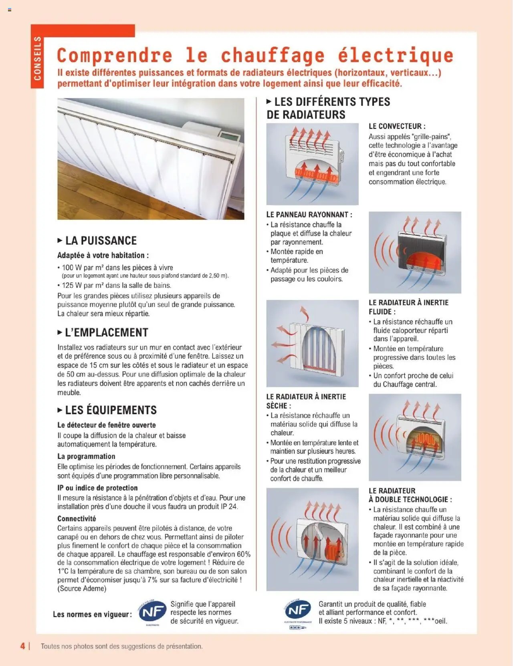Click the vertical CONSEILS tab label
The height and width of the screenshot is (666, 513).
37,58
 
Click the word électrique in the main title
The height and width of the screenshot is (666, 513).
395,56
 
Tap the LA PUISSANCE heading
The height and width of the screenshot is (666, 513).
101,241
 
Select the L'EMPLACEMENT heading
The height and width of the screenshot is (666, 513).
106,332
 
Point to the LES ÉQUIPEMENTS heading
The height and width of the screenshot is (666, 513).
111,410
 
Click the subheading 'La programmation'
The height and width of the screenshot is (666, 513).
86,456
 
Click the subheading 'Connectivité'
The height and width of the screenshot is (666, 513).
77,519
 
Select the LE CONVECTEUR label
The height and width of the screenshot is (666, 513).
397,126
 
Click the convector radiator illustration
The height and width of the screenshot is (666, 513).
312,164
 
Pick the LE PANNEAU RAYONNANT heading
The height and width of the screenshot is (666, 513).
309,215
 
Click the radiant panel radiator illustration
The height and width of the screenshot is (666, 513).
415,252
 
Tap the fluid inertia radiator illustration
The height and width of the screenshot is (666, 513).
312,343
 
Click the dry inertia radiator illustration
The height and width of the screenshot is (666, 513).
415,437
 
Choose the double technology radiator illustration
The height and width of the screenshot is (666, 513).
312,539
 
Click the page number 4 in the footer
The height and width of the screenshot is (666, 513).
23,646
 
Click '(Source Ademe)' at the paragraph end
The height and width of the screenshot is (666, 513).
82,588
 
